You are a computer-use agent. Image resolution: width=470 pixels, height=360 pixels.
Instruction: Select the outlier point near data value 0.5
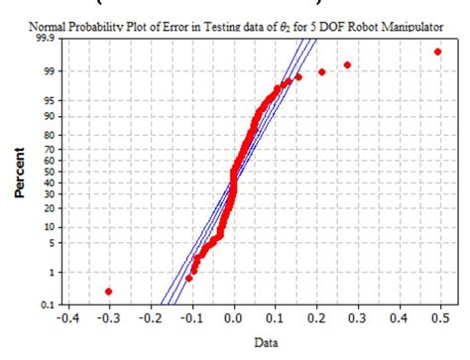tap(437, 52)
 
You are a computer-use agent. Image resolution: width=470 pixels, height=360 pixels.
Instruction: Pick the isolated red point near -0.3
tap(108, 292)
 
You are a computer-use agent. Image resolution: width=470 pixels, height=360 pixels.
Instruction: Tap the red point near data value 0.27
tap(347, 65)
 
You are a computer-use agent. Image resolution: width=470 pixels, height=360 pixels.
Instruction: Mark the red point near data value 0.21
tap(321, 72)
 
